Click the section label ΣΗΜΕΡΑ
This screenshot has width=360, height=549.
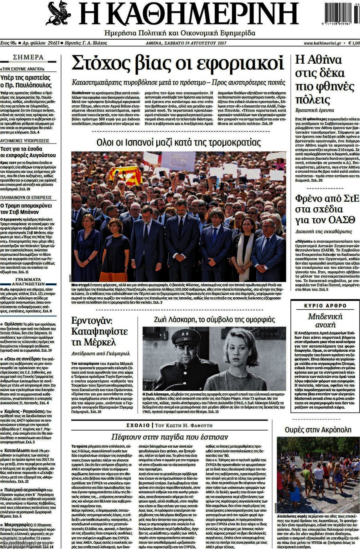tap(28, 57)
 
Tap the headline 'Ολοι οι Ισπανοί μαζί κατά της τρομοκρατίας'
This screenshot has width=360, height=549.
tap(178, 142)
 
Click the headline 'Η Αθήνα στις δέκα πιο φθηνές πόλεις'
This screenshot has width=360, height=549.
tap(319, 80)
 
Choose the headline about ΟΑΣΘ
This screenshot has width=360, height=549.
tap(319, 209)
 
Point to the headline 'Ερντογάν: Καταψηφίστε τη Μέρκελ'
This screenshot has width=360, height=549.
tap(99, 331)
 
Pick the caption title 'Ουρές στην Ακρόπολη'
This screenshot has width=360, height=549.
tap(318, 430)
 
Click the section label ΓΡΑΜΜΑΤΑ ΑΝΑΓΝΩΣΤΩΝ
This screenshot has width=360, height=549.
tap(28, 282)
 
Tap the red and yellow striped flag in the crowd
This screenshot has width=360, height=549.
tap(124, 175)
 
